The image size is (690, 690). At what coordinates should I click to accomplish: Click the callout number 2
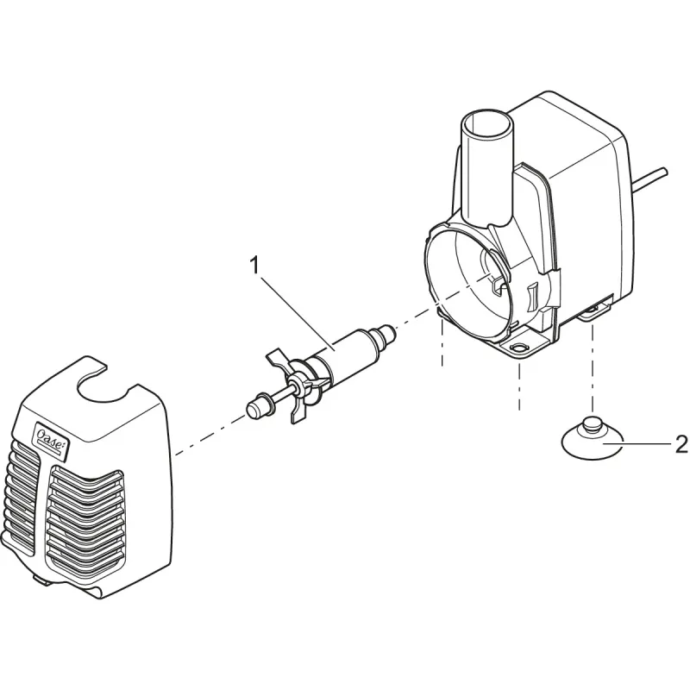click(x=681, y=444)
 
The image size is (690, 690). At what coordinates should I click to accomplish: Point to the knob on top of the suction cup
click(x=593, y=425)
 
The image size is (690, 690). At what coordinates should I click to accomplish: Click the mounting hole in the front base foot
click(x=519, y=348)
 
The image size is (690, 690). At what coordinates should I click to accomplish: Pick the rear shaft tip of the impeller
click(x=385, y=330)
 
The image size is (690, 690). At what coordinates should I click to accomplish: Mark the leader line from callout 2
click(x=643, y=444)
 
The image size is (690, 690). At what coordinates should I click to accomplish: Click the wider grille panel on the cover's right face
click(x=86, y=517)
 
